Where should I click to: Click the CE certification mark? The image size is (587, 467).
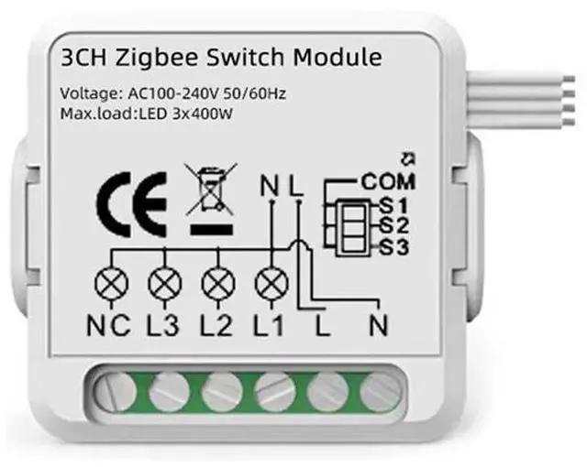(133, 201)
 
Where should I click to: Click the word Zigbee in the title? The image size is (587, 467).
(187, 59)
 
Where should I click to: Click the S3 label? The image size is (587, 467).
(392, 246)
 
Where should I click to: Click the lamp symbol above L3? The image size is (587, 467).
(164, 284)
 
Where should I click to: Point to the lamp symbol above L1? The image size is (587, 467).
(271, 284)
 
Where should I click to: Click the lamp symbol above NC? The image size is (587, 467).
(111, 284)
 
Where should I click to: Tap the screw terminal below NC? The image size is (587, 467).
(115, 391)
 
